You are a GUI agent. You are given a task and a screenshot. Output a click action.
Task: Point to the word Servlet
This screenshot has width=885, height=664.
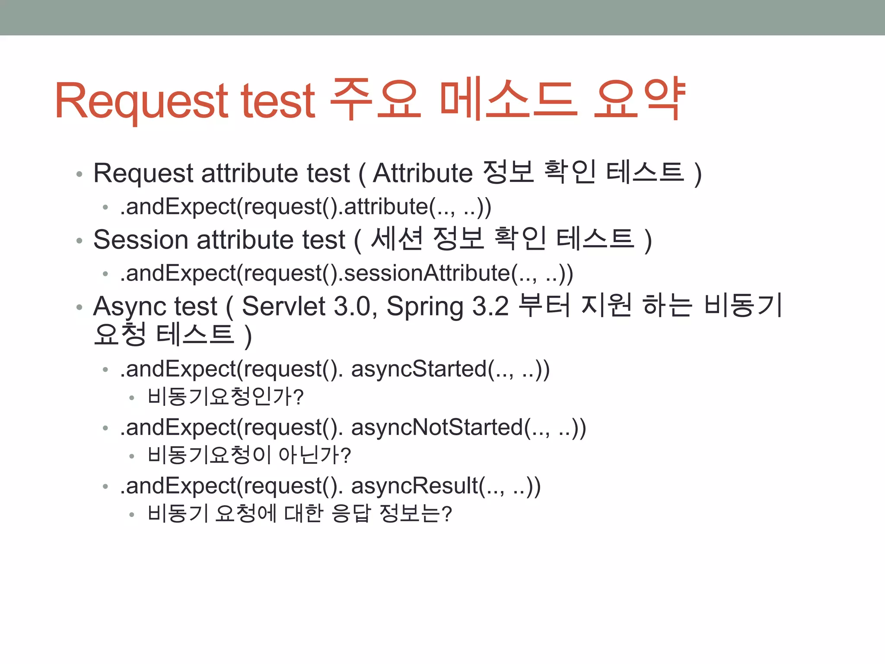click(283, 306)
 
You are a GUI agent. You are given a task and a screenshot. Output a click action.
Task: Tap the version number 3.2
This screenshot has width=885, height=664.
click(490, 306)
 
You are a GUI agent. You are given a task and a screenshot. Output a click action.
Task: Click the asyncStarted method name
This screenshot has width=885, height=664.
click(419, 369)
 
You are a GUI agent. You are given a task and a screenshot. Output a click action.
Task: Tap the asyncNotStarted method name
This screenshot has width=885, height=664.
click(437, 428)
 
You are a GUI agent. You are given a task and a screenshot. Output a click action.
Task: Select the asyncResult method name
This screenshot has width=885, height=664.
click(414, 486)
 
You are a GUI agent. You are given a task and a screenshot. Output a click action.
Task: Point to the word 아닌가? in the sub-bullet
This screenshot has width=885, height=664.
click(315, 455)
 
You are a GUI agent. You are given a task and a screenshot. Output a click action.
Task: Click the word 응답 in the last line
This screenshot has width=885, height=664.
click(351, 513)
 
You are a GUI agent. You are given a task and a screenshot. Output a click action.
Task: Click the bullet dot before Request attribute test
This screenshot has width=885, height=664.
click(79, 174)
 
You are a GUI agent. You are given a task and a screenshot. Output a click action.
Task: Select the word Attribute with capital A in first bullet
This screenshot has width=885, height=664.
click(423, 173)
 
